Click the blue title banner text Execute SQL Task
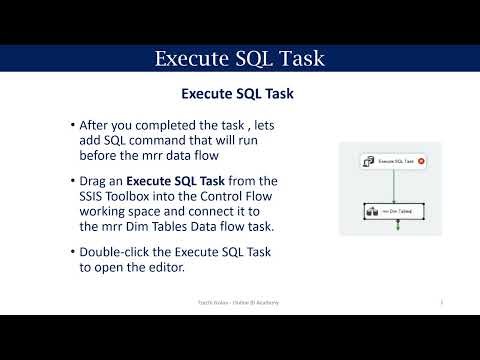[240, 59]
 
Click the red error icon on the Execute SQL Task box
[421, 160]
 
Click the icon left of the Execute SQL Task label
[368, 160]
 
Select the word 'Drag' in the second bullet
[103, 180]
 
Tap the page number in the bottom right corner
[441, 300]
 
